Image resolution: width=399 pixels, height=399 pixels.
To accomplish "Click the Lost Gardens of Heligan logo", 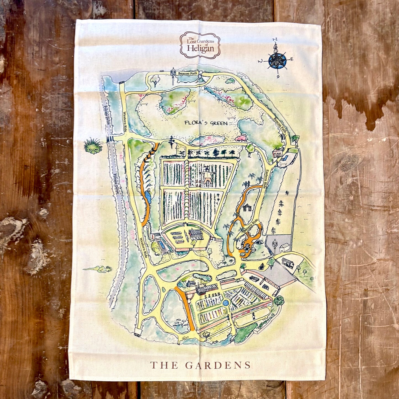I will pos(200,45).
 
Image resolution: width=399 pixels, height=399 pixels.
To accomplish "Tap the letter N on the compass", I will pos(275,39).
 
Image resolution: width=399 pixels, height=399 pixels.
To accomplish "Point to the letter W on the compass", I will pos(260,61).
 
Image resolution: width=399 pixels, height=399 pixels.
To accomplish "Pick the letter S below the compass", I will pos(278,76).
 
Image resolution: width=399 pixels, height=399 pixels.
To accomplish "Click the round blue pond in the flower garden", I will pos(225,303).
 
